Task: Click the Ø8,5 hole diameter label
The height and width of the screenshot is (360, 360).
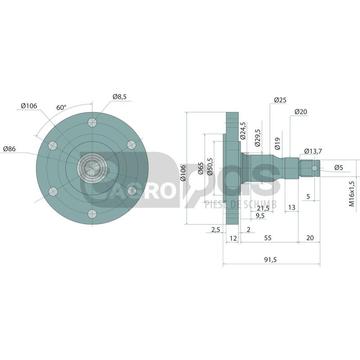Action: [119, 97]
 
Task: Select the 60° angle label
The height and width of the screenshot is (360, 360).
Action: [61, 108]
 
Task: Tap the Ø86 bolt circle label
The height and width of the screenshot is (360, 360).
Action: [9, 149]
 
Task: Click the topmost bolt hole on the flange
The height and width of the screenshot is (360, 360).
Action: [92, 122]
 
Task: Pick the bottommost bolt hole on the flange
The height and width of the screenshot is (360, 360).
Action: [92, 214]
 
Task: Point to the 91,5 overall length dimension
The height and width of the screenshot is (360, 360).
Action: [270, 260]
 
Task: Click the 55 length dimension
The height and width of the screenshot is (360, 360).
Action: [268, 238]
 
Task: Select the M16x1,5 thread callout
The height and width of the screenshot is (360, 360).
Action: [352, 193]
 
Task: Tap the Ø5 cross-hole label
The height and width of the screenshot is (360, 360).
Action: [338, 167]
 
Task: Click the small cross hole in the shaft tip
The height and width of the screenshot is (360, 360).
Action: [315, 168]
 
